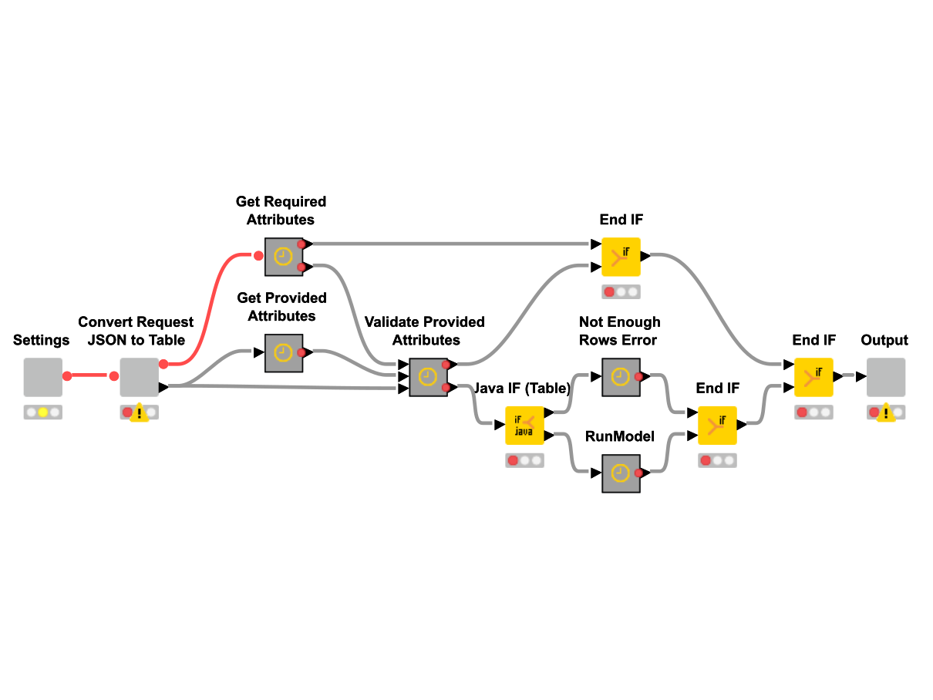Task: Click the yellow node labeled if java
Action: click(524, 425)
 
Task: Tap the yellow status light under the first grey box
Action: click(43, 412)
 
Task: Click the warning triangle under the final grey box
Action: click(886, 413)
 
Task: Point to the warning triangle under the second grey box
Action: click(139, 413)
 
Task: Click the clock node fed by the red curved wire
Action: click(284, 257)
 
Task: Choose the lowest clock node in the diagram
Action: click(621, 473)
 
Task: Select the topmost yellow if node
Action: click(621, 257)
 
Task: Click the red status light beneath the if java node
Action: click(513, 460)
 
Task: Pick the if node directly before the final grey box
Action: click(813, 377)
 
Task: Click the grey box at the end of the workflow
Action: click(886, 377)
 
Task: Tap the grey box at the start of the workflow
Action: click(42, 377)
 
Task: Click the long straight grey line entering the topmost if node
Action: click(451, 244)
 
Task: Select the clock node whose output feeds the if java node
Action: click(428, 377)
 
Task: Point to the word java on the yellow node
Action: click(524, 432)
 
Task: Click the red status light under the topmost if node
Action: click(609, 292)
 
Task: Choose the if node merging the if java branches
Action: click(717, 425)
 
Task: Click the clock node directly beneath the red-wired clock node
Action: click(284, 353)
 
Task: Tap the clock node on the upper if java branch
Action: click(621, 377)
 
